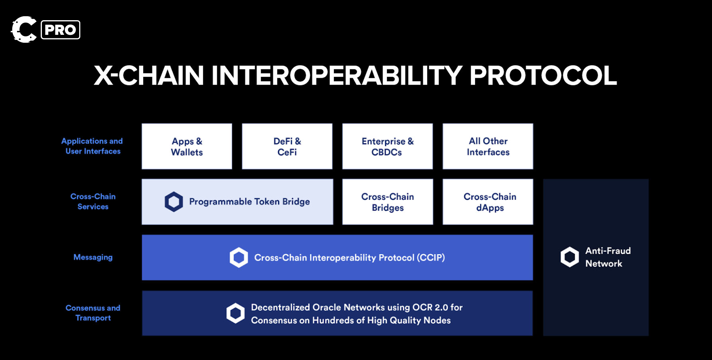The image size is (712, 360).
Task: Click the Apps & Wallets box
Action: tap(187, 146)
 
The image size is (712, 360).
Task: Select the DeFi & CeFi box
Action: tap(287, 146)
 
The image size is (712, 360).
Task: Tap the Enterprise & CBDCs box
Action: tap(387, 146)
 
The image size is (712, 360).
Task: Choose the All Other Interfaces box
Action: tap(488, 146)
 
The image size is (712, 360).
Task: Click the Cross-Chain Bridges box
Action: tap(388, 202)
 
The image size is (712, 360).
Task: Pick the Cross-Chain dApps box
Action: tap(488, 202)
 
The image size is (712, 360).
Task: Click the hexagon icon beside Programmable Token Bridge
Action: tap(174, 202)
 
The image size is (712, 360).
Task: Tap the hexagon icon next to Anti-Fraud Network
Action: tap(570, 257)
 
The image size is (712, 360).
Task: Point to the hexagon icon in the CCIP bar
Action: tap(239, 258)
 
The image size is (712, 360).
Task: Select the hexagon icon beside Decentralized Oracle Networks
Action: tap(235, 313)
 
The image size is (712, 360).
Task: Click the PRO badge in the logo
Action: tap(61, 30)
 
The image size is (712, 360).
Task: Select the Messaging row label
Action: tap(93, 258)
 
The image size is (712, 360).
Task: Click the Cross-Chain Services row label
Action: tap(93, 201)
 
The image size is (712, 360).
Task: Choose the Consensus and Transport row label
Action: tap(93, 313)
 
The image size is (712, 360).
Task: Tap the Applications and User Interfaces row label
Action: tap(92, 146)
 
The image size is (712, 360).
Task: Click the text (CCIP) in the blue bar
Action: tap(431, 258)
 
